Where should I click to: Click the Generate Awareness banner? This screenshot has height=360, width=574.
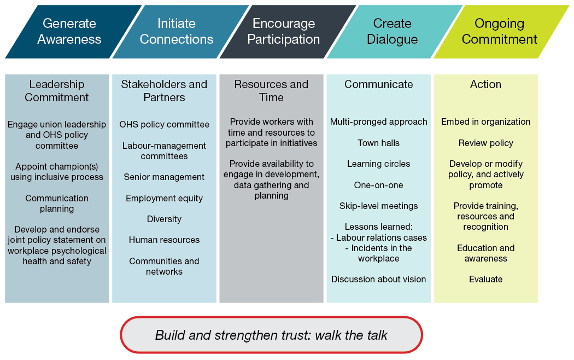pos(69,31)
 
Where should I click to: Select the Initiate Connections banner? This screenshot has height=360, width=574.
pos(177,31)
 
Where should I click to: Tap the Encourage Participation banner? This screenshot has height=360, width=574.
pos(284,31)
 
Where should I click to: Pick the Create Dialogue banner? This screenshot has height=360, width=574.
pos(392,31)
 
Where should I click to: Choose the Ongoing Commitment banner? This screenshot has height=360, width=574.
pos(499,31)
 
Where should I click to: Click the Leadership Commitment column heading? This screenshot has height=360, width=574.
pos(57,91)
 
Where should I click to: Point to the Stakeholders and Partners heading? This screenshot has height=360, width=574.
pos(164,91)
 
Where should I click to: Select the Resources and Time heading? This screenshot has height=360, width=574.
pos(271,91)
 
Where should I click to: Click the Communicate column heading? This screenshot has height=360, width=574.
pos(378,84)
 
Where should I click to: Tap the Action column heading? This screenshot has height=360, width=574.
pos(485,84)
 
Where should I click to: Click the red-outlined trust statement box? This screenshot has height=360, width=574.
pos(271,335)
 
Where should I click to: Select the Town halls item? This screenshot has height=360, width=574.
pos(378,143)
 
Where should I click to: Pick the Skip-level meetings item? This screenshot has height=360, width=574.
pos(378,206)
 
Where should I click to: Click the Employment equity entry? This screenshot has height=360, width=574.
pos(164,198)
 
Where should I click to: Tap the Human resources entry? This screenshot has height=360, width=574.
pos(164,240)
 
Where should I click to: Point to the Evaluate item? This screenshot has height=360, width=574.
pos(485,279)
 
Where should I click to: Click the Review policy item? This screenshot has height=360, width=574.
pos(485,143)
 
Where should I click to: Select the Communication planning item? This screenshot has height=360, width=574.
pos(57,203)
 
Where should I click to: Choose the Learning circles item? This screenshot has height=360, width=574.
pos(378,164)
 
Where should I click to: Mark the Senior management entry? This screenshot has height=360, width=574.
pos(164,177)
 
